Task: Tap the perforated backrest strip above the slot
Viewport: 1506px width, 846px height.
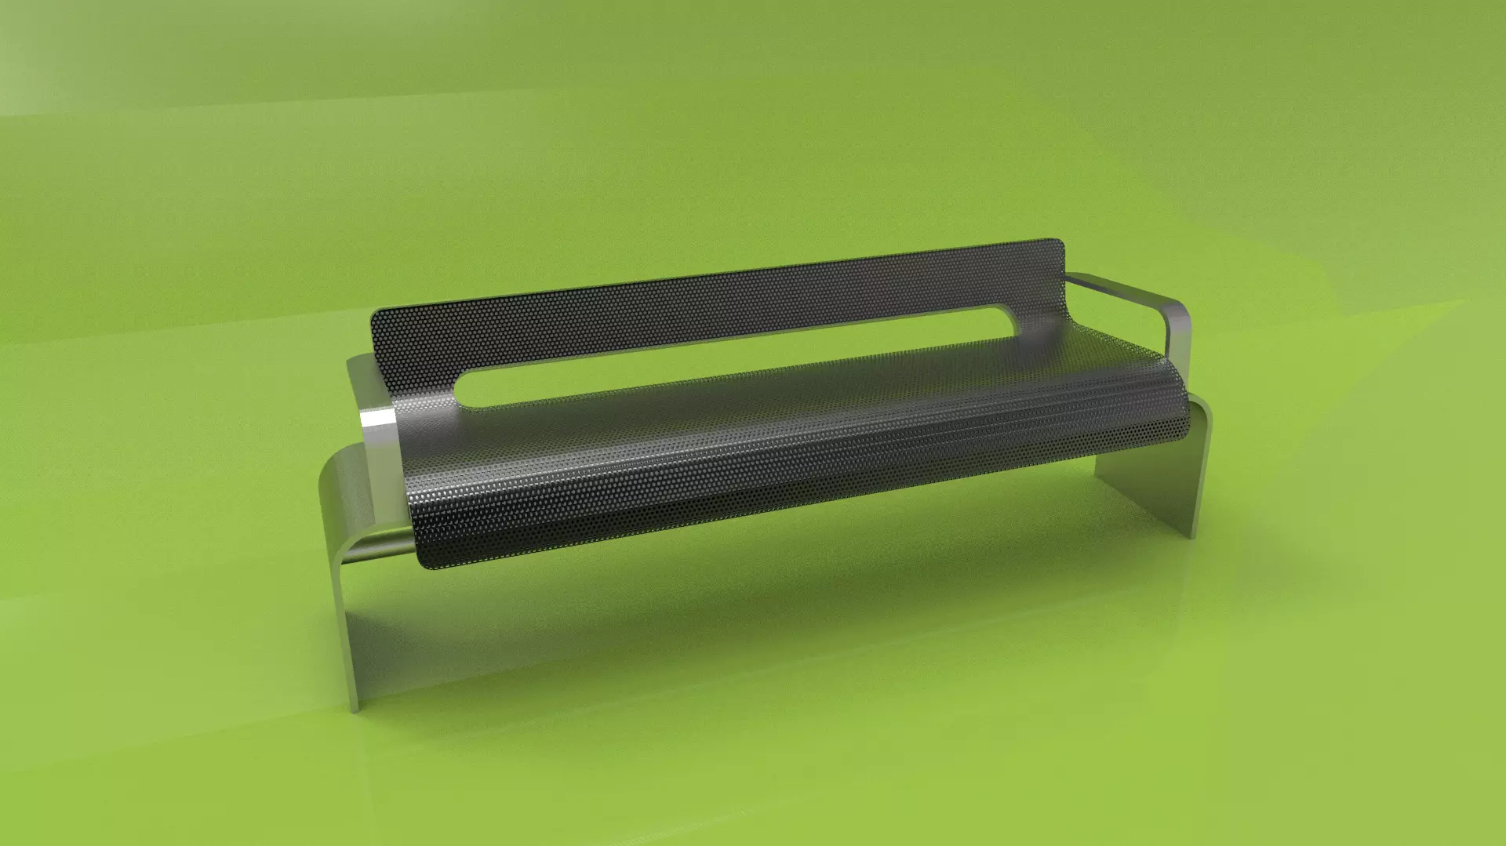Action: tap(706, 302)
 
